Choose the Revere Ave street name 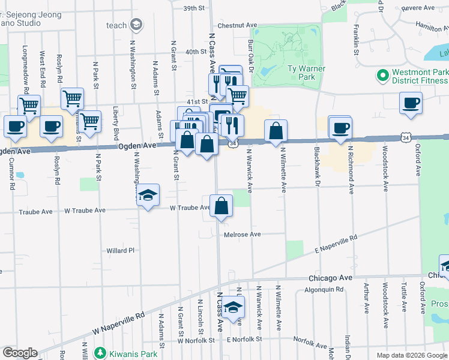[417, 8]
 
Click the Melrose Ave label [243, 234]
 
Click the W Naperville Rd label [119, 323]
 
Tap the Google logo [19, 353]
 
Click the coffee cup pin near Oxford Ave [411, 103]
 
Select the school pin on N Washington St [148, 196]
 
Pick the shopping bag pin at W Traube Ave [221, 206]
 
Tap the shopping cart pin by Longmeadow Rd [29, 107]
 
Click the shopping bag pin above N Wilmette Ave [276, 131]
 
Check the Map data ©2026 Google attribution [411, 355]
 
